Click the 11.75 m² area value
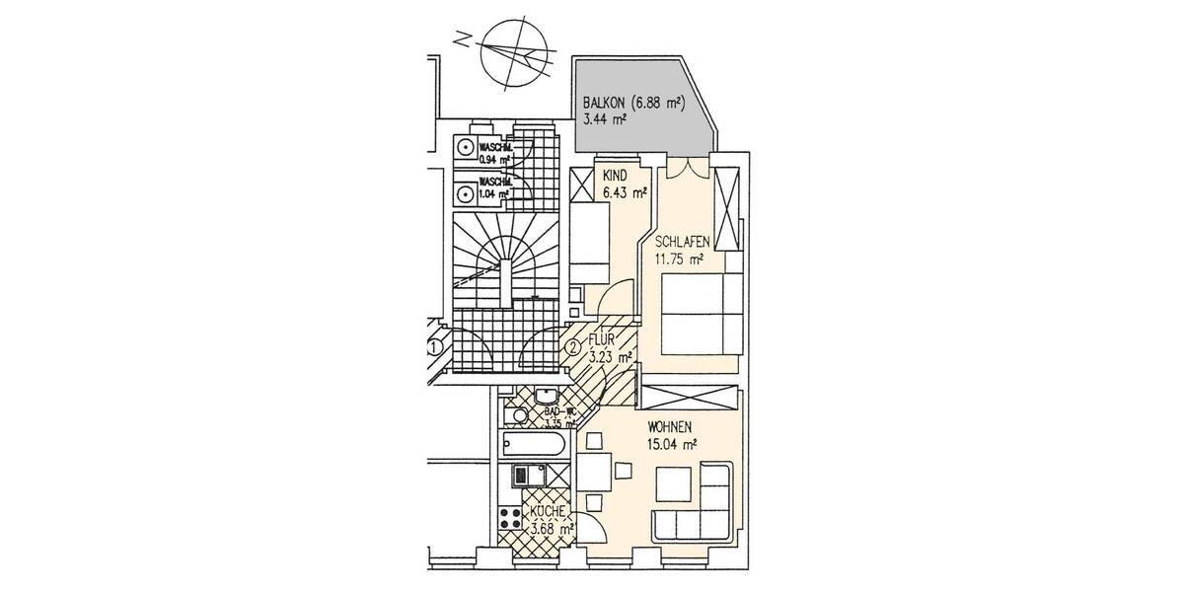point(679,260)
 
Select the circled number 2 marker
point(572,346)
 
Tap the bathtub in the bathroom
point(533,445)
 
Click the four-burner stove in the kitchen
point(510,517)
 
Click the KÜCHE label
point(548,513)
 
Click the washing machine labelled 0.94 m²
point(464,146)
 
